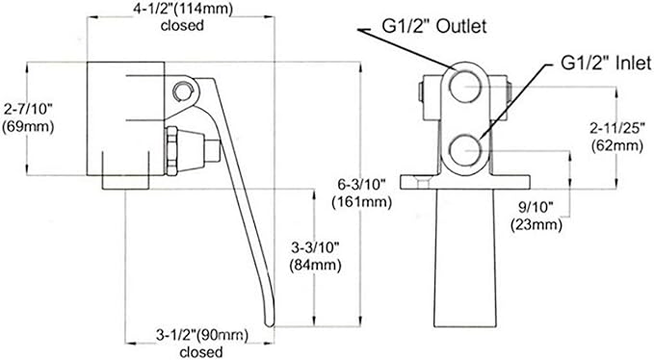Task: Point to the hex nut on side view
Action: click(x=174, y=149)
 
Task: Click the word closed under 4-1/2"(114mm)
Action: click(x=183, y=26)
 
